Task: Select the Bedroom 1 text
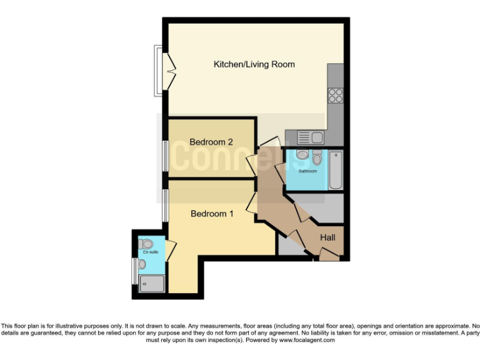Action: coord(212,214)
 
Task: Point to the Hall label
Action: coord(327,237)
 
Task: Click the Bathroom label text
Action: coord(307,171)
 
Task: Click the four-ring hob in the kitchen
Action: coord(336,96)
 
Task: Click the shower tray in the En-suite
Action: coord(152,284)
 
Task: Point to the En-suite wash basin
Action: coord(142,265)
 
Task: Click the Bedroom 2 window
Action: coord(165,155)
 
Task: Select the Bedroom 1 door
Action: coord(252,203)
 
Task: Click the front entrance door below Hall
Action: coord(327,254)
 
